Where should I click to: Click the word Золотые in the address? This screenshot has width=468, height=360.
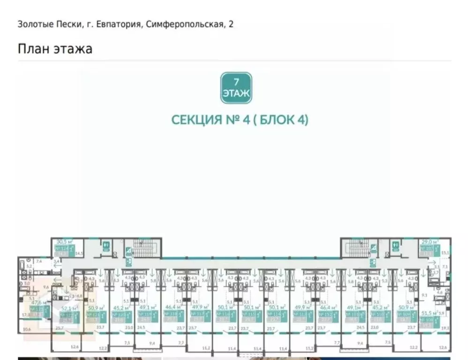click(34, 24)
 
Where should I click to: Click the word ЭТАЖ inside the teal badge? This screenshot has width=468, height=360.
click(236, 93)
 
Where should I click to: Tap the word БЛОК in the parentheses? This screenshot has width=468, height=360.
click(277, 120)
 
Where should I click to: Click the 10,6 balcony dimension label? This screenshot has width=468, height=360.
click(27, 329)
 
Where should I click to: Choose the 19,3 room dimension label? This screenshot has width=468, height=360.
click(446, 328)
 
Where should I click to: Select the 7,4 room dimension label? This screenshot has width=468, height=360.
click(39, 261)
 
